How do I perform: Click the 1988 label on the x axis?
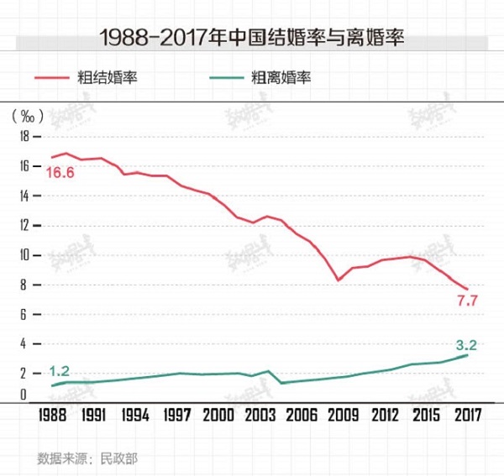click(53, 415)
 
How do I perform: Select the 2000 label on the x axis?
click(217, 415)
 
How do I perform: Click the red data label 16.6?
click(60, 173)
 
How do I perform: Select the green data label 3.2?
click(465, 344)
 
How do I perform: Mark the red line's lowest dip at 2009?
click(338, 280)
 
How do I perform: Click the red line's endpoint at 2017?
click(467, 289)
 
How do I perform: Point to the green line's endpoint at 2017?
click(467, 355)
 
